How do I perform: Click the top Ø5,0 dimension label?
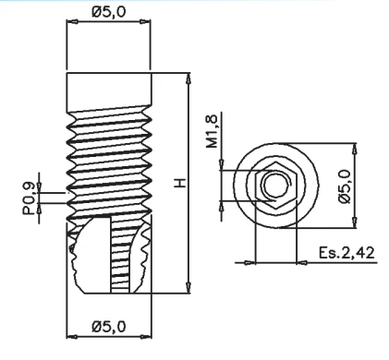109,12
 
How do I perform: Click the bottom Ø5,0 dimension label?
109,327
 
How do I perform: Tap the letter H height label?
180,183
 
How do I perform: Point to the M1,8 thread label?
213,131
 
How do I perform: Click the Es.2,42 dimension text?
346,253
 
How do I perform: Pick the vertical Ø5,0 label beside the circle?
345,186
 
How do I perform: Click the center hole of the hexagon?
275,185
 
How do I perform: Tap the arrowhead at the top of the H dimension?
188,78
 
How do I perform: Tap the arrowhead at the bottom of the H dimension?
188,288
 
